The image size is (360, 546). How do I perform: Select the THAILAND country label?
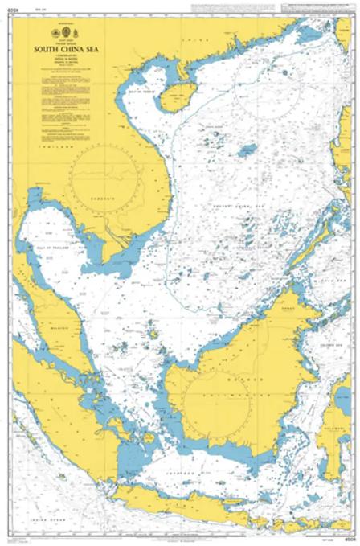click(51, 149)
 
